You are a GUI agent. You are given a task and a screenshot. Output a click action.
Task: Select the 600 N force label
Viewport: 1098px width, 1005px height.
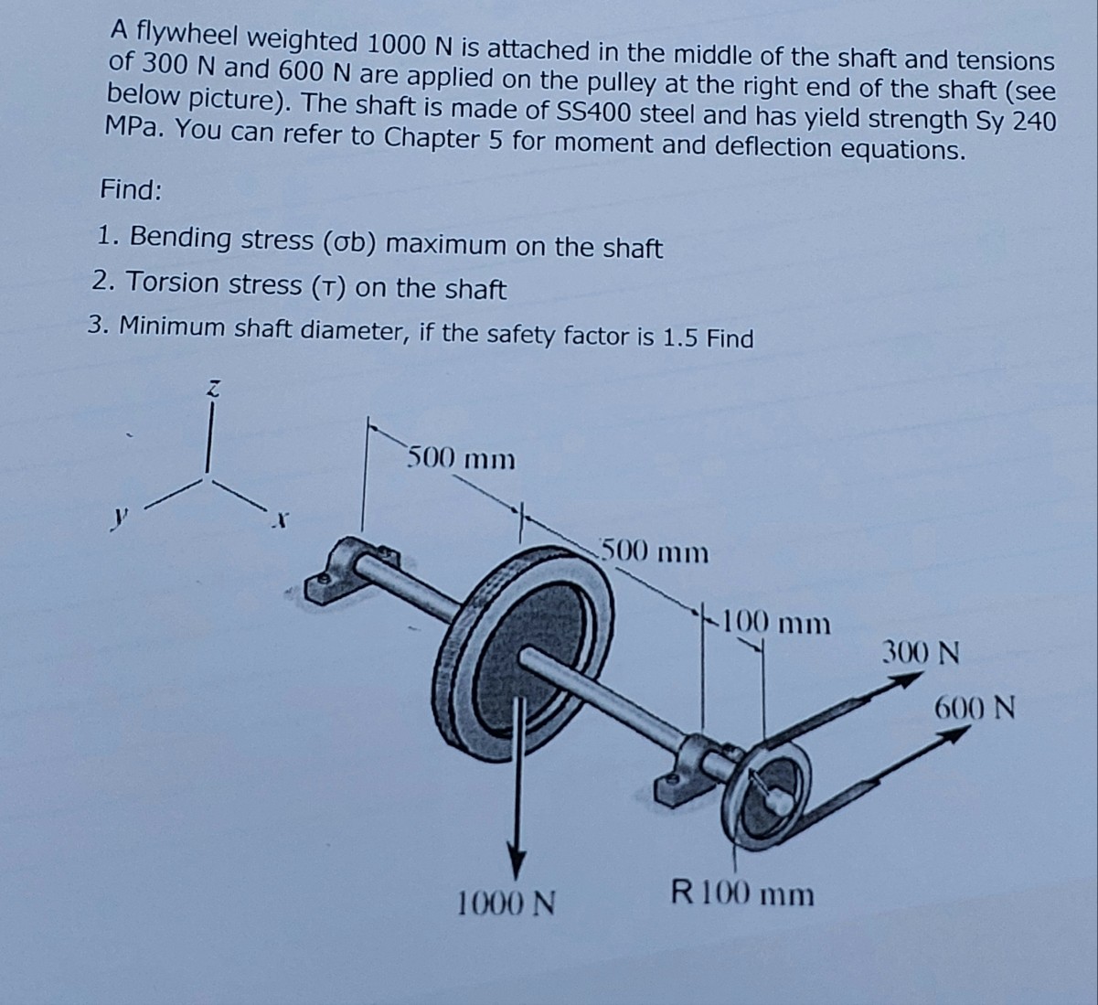click(x=975, y=707)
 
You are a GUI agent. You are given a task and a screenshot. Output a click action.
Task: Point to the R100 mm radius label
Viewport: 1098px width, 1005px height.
click(x=741, y=892)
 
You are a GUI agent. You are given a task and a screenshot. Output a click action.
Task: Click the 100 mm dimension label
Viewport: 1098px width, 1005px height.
click(x=775, y=625)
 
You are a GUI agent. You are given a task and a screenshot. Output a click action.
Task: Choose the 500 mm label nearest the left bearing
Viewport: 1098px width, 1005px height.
click(x=461, y=457)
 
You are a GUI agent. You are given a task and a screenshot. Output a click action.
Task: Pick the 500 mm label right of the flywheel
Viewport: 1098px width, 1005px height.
click(x=655, y=552)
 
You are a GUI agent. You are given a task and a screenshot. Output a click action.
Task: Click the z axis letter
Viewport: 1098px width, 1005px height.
click(x=211, y=389)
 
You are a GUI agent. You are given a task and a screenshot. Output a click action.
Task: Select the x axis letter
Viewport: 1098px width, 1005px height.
click(x=281, y=522)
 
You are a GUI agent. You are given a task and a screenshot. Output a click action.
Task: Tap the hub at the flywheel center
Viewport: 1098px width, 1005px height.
click(x=534, y=658)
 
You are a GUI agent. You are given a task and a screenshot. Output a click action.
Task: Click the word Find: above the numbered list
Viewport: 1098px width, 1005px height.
click(x=132, y=190)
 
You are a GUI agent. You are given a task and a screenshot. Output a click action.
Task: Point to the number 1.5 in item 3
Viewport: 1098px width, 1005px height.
click(x=681, y=337)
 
